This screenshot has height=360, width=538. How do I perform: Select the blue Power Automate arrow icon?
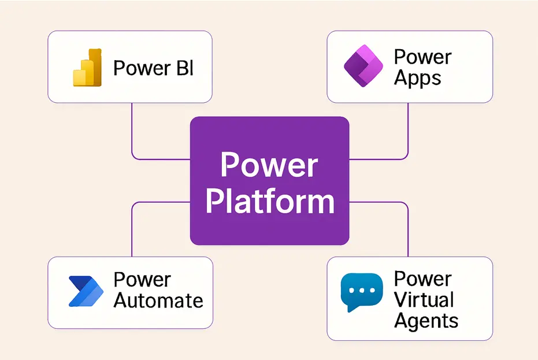point(85,291)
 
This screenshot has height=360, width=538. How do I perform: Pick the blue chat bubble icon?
point(361,291)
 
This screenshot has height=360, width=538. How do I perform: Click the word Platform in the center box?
point(270,202)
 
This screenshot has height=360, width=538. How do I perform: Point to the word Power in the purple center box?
point(269,165)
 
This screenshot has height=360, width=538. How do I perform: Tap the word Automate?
point(158,300)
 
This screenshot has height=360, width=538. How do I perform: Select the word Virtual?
point(424,299)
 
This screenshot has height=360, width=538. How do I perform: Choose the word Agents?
point(426,321)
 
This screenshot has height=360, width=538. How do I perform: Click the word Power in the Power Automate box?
point(142,280)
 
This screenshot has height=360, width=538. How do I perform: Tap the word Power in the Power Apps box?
point(422,57)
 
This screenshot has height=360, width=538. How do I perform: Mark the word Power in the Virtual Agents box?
point(422,279)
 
